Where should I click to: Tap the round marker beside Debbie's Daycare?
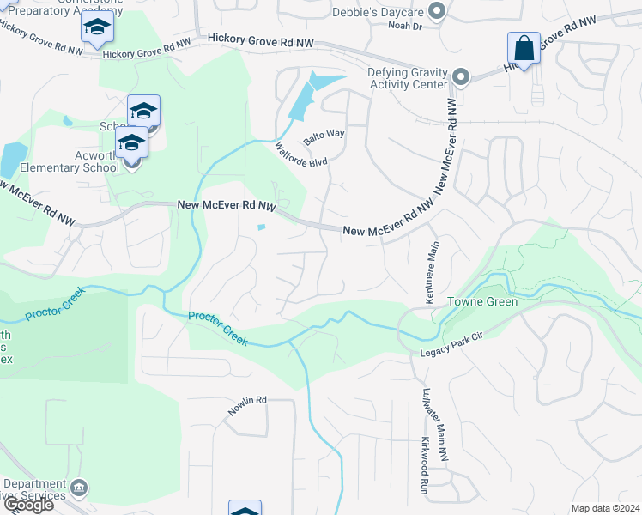point(437,11)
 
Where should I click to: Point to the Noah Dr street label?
point(406,27)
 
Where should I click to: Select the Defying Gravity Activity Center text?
point(408,78)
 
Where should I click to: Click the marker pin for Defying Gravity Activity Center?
point(461,78)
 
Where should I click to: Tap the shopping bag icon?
point(524,48)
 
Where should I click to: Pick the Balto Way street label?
point(324,136)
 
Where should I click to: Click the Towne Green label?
point(482,302)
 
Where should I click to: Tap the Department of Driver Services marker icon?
point(79,488)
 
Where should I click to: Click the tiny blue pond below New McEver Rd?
point(261,227)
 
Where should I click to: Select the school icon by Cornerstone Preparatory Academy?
point(97,29)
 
